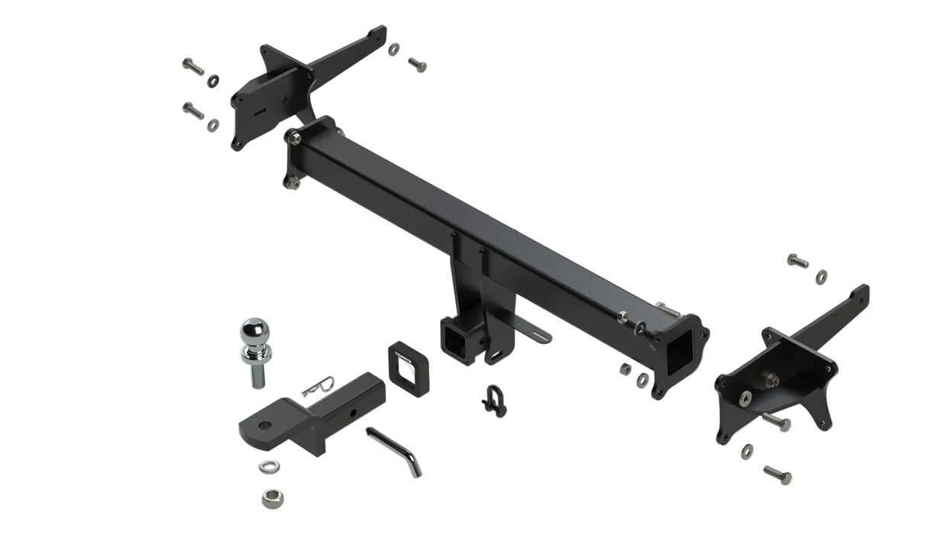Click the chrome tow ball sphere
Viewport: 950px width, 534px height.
pos(255,333)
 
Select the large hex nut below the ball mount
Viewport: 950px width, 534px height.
pos(270,499)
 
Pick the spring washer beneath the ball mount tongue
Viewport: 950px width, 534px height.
pos(268,466)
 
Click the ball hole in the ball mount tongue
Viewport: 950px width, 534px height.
pos(263,424)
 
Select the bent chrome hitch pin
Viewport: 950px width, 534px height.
pos(394,451)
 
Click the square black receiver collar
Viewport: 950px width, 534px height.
pos(409,364)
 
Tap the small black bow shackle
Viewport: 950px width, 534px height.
pos(493,400)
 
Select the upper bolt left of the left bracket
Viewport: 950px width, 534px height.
pos(193,66)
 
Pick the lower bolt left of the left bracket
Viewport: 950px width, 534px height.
pos(193,111)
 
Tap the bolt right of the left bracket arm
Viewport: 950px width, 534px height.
pos(417,65)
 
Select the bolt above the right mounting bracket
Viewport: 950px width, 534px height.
pos(797,261)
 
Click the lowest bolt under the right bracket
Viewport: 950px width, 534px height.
pos(777,474)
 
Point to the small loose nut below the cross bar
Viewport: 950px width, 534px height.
pos(625,369)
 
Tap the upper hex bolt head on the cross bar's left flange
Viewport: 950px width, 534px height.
pos(295,138)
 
